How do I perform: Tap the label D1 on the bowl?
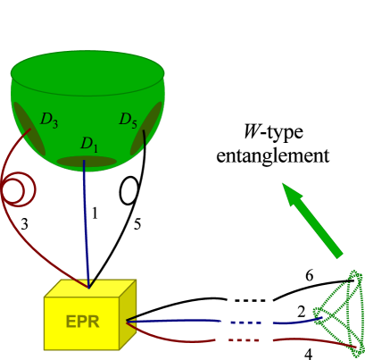click(x=89, y=144)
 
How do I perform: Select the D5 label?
click(x=129, y=119)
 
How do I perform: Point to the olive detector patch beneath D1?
click(x=87, y=162)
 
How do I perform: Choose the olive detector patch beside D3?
click(x=27, y=126)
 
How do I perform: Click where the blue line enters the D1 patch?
click(x=85, y=163)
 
